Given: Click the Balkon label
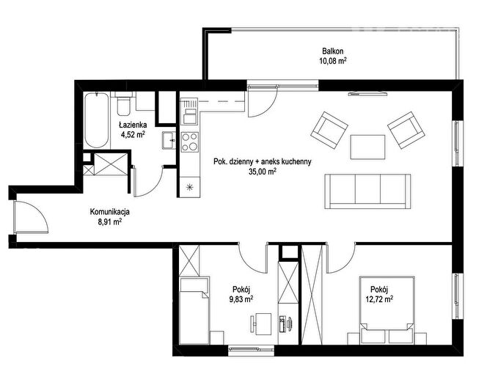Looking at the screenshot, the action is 333,51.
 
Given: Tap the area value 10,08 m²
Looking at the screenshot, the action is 333,61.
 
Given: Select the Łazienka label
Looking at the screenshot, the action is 133,125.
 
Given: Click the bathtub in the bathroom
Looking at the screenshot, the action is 97,120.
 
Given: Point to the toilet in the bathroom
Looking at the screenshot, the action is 123,103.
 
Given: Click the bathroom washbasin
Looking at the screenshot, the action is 169,140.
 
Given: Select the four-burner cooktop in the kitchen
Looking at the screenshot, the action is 190,142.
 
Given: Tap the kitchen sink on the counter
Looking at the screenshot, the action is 189,111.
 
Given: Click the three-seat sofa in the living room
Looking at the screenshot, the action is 367,191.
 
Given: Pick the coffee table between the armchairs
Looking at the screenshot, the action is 367,147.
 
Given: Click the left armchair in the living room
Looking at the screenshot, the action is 329,130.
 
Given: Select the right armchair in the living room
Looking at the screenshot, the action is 406,130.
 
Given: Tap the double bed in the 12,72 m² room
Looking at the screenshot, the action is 387,310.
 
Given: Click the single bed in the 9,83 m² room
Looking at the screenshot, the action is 194,311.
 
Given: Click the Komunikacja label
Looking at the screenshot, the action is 109,212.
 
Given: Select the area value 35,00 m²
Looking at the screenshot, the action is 263,172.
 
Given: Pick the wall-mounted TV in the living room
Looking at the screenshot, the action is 367,93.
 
